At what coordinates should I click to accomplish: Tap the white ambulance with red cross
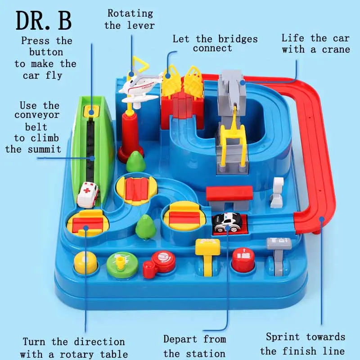[87, 194]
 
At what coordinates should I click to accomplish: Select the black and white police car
[227, 221]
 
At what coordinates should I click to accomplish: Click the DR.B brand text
[44, 21]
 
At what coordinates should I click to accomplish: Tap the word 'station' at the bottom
[194, 353]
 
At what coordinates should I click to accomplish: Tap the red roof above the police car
[229, 194]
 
